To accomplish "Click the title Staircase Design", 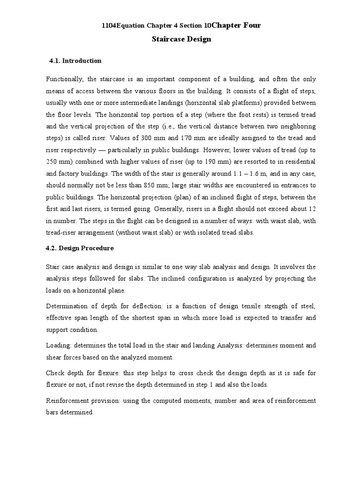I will tap(181, 39).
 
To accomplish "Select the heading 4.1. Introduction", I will tap(75, 61).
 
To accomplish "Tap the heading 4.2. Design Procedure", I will tap(80, 248).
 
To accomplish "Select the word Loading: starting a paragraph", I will tap(59, 345).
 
